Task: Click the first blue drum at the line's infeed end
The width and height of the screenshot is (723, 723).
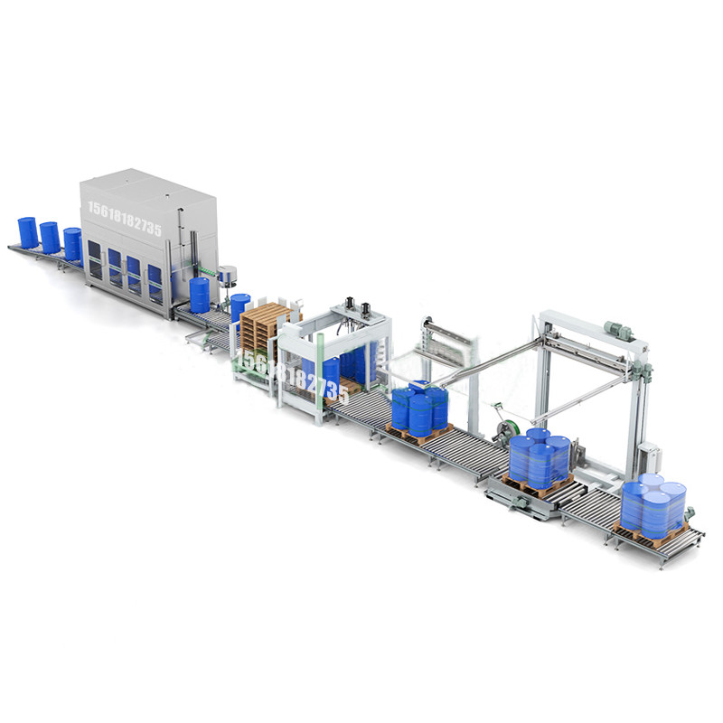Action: click(28, 232)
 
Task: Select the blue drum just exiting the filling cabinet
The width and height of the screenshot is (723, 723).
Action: click(199, 295)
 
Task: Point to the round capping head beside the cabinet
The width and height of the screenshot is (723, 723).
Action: click(229, 272)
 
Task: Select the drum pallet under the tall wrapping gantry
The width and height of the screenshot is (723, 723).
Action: click(540, 459)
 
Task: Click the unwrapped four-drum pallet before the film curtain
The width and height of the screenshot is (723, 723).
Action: click(419, 409)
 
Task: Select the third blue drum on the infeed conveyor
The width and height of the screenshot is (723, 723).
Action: click(72, 244)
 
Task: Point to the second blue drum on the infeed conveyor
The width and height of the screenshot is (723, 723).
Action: click(50, 238)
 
